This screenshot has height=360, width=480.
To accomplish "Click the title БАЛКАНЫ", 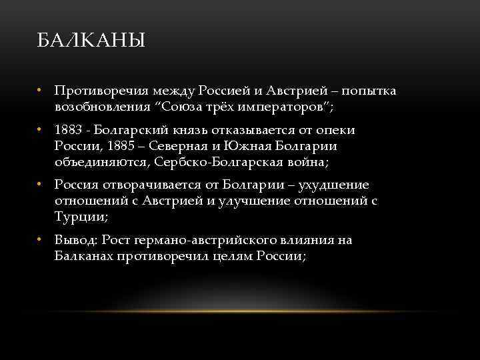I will (90, 42).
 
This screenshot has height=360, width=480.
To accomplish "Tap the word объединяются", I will (103, 162).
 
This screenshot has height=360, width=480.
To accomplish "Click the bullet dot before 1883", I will (41, 130).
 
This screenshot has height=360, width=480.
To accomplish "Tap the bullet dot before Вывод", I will (41, 240).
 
